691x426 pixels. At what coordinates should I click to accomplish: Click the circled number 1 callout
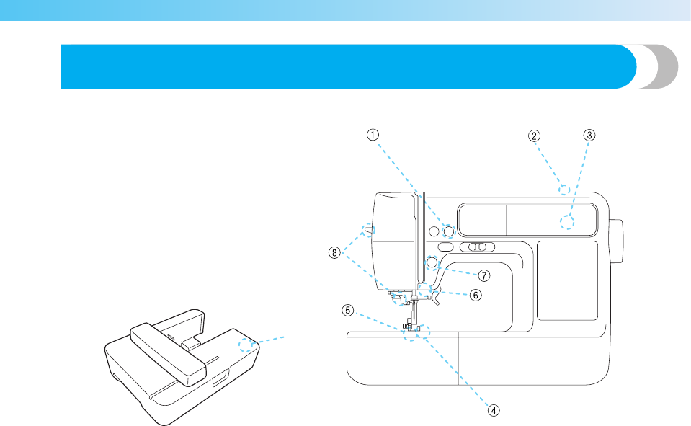[x=372, y=135]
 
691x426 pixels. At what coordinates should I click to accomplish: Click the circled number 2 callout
[x=534, y=135]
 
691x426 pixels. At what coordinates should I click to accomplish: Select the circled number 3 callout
[x=589, y=135]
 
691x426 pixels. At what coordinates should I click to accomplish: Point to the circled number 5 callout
[x=348, y=311]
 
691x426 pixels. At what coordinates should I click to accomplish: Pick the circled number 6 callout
[x=476, y=295]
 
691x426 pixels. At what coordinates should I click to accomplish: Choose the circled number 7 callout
[x=484, y=275]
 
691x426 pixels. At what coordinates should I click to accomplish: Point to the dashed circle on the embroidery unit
[x=251, y=345]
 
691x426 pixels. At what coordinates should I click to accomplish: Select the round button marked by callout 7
[x=432, y=262]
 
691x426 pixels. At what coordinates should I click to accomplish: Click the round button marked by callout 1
[x=448, y=231]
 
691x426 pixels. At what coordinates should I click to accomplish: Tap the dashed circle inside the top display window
[x=568, y=222]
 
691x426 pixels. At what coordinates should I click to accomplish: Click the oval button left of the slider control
[x=444, y=247]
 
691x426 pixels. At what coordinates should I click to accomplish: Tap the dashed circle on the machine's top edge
[x=564, y=190]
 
